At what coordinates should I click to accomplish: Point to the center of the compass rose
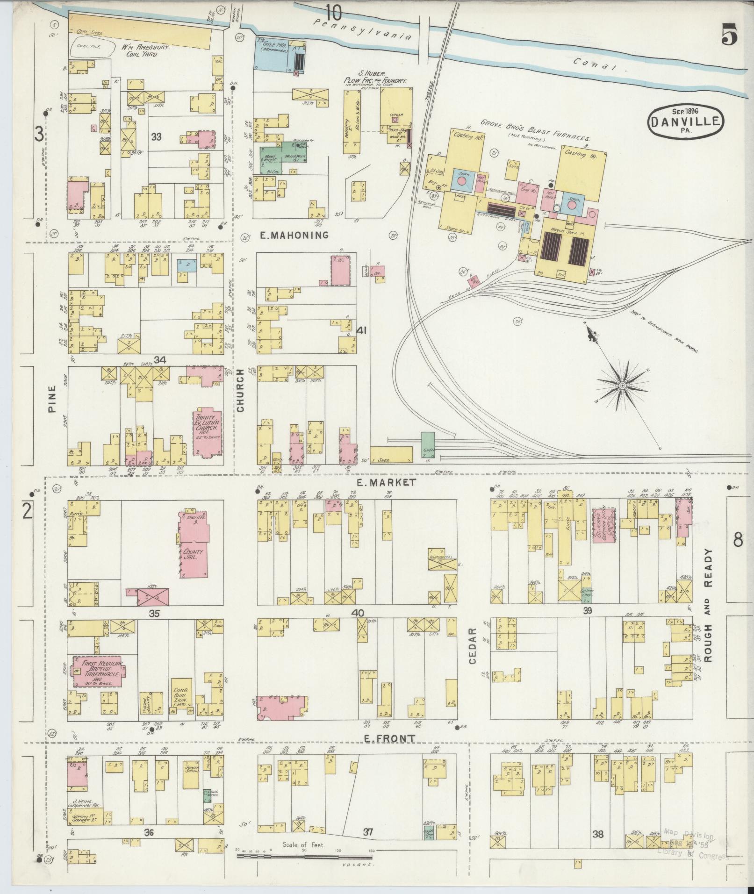pyautogui.click(x=622, y=385)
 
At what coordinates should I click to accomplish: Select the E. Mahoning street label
pyautogui.click(x=294, y=235)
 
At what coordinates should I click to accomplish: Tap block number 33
pyautogui.click(x=156, y=136)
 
